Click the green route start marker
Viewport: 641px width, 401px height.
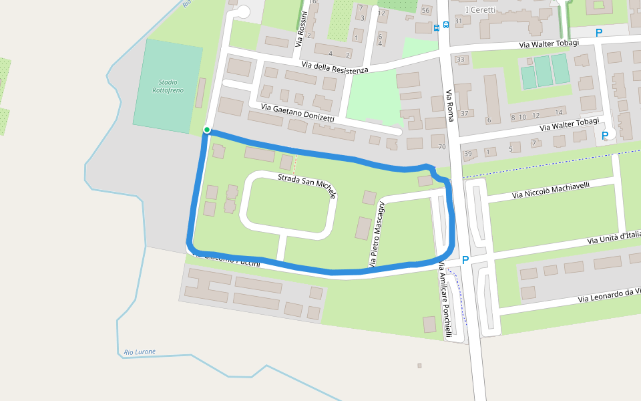[207, 130]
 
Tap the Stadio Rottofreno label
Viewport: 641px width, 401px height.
[168, 86]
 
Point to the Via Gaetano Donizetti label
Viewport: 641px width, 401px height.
[297, 112]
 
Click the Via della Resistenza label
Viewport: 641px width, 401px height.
[335, 67]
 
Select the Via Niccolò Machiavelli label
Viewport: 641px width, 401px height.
[551, 190]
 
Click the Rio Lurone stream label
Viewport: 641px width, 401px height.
[140, 352]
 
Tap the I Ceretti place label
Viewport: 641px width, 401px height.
[480, 9]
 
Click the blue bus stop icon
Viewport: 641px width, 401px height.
[437, 27]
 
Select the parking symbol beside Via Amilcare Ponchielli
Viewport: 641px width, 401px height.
[465, 259]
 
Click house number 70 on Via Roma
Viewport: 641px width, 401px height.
[441, 146]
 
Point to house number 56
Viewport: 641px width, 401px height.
[425, 10]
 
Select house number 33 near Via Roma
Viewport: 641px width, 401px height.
[460, 60]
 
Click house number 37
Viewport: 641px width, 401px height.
[464, 113]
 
